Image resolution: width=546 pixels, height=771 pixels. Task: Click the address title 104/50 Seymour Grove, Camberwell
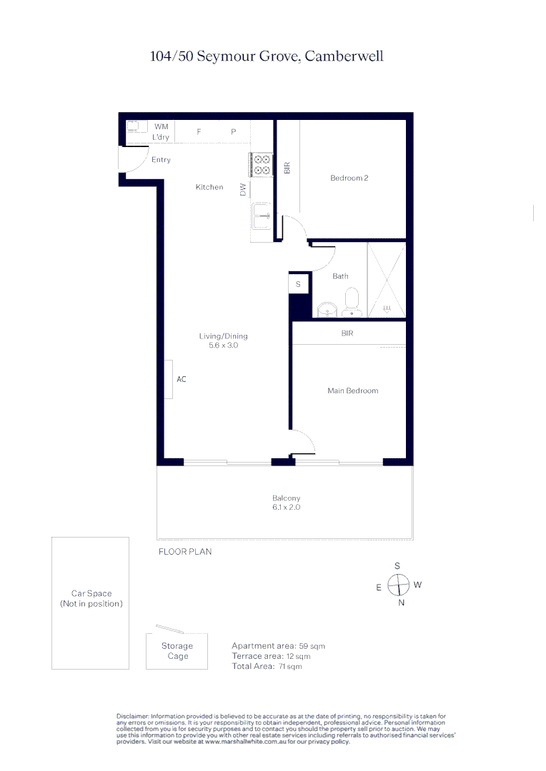tap(267, 56)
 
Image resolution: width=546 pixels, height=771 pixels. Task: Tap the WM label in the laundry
tap(161, 126)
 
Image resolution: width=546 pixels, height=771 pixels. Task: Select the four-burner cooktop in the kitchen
tap(261, 165)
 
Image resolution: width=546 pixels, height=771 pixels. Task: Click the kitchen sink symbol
tap(262, 214)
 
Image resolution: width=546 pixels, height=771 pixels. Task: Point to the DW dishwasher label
tap(243, 189)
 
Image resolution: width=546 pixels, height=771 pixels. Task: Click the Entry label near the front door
tap(161, 160)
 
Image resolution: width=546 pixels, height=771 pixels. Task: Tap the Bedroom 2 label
tap(349, 178)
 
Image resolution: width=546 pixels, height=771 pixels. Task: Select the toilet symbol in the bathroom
tap(352, 301)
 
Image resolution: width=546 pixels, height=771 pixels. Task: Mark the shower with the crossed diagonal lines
tap(386, 280)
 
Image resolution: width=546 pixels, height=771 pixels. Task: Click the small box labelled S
tap(299, 284)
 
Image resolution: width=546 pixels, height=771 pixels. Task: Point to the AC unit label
tap(182, 379)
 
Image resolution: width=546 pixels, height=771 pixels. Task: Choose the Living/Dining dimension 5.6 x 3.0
tap(223, 345)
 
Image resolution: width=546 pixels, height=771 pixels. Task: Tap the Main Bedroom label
tap(352, 390)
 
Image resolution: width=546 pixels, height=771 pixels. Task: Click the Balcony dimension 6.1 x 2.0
tap(286, 508)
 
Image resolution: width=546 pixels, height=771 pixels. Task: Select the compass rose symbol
tap(397, 585)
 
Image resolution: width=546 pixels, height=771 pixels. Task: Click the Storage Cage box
tap(177, 651)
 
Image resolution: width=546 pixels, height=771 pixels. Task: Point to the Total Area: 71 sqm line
tap(267, 666)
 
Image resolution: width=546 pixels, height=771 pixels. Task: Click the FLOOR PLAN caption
tap(184, 552)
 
